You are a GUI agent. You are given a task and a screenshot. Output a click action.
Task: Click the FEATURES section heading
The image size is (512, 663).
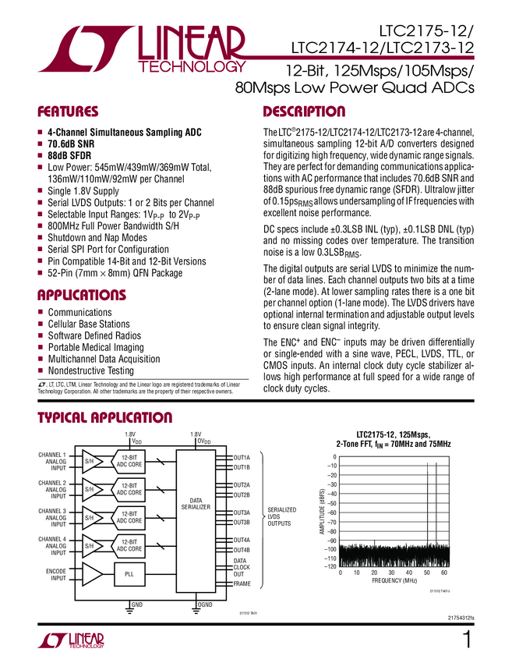69,112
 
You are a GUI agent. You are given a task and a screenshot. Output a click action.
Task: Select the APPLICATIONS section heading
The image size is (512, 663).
82,295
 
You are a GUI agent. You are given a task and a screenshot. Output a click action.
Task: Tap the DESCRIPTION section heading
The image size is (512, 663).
304,112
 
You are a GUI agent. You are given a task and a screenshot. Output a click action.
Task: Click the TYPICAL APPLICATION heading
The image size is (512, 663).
104,419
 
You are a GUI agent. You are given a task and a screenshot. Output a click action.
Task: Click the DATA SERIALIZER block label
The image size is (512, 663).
196,503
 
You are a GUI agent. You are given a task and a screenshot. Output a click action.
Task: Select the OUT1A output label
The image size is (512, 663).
242,457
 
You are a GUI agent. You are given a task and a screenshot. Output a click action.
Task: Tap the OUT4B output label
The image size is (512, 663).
242,549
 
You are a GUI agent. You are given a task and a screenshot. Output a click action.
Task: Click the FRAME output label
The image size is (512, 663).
242,583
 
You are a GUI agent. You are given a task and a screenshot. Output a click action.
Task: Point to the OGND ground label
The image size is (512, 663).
206,604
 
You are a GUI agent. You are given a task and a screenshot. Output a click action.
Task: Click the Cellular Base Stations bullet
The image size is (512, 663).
89,324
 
